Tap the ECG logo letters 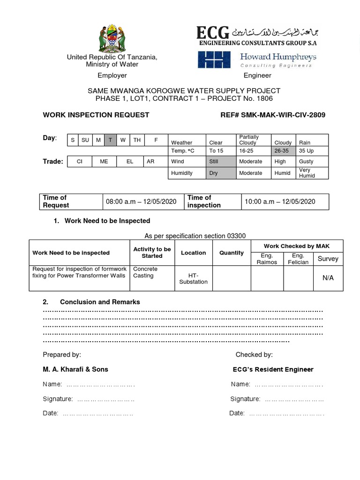pyautogui.click(x=213, y=33)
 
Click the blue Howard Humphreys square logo pyautogui.click(x=214, y=60)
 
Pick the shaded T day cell pyautogui.click(x=110, y=140)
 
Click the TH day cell pyautogui.click(x=136, y=140)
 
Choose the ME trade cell pyautogui.click(x=104, y=161)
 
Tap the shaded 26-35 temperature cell pyautogui.click(x=283, y=150)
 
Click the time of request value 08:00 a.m pyautogui.click(x=141, y=202)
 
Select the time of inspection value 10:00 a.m pyautogui.click(x=280, y=202)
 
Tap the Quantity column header pyautogui.click(x=231, y=253)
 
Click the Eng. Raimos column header pyautogui.click(x=267, y=259)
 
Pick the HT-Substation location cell pyautogui.click(x=193, y=278)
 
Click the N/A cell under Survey pyautogui.click(x=328, y=278)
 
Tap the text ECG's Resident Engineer pyautogui.click(x=273, y=369)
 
